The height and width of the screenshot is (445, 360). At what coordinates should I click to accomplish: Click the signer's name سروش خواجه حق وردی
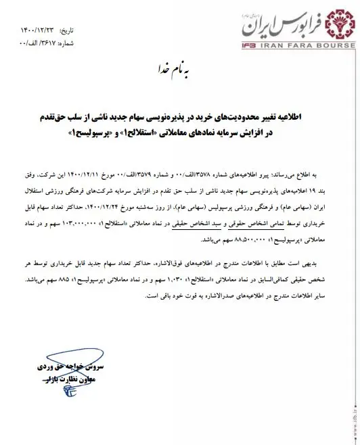pos(61,366)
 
